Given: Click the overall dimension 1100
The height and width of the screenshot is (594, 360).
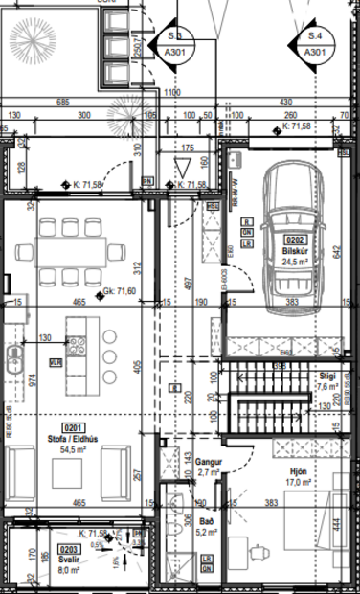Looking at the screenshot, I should pyautogui.click(x=171, y=92).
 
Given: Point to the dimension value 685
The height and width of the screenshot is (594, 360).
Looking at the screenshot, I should pyautogui.click(x=63, y=102).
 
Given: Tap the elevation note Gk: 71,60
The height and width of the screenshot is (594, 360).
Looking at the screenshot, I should pyautogui.click(x=95, y=292).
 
